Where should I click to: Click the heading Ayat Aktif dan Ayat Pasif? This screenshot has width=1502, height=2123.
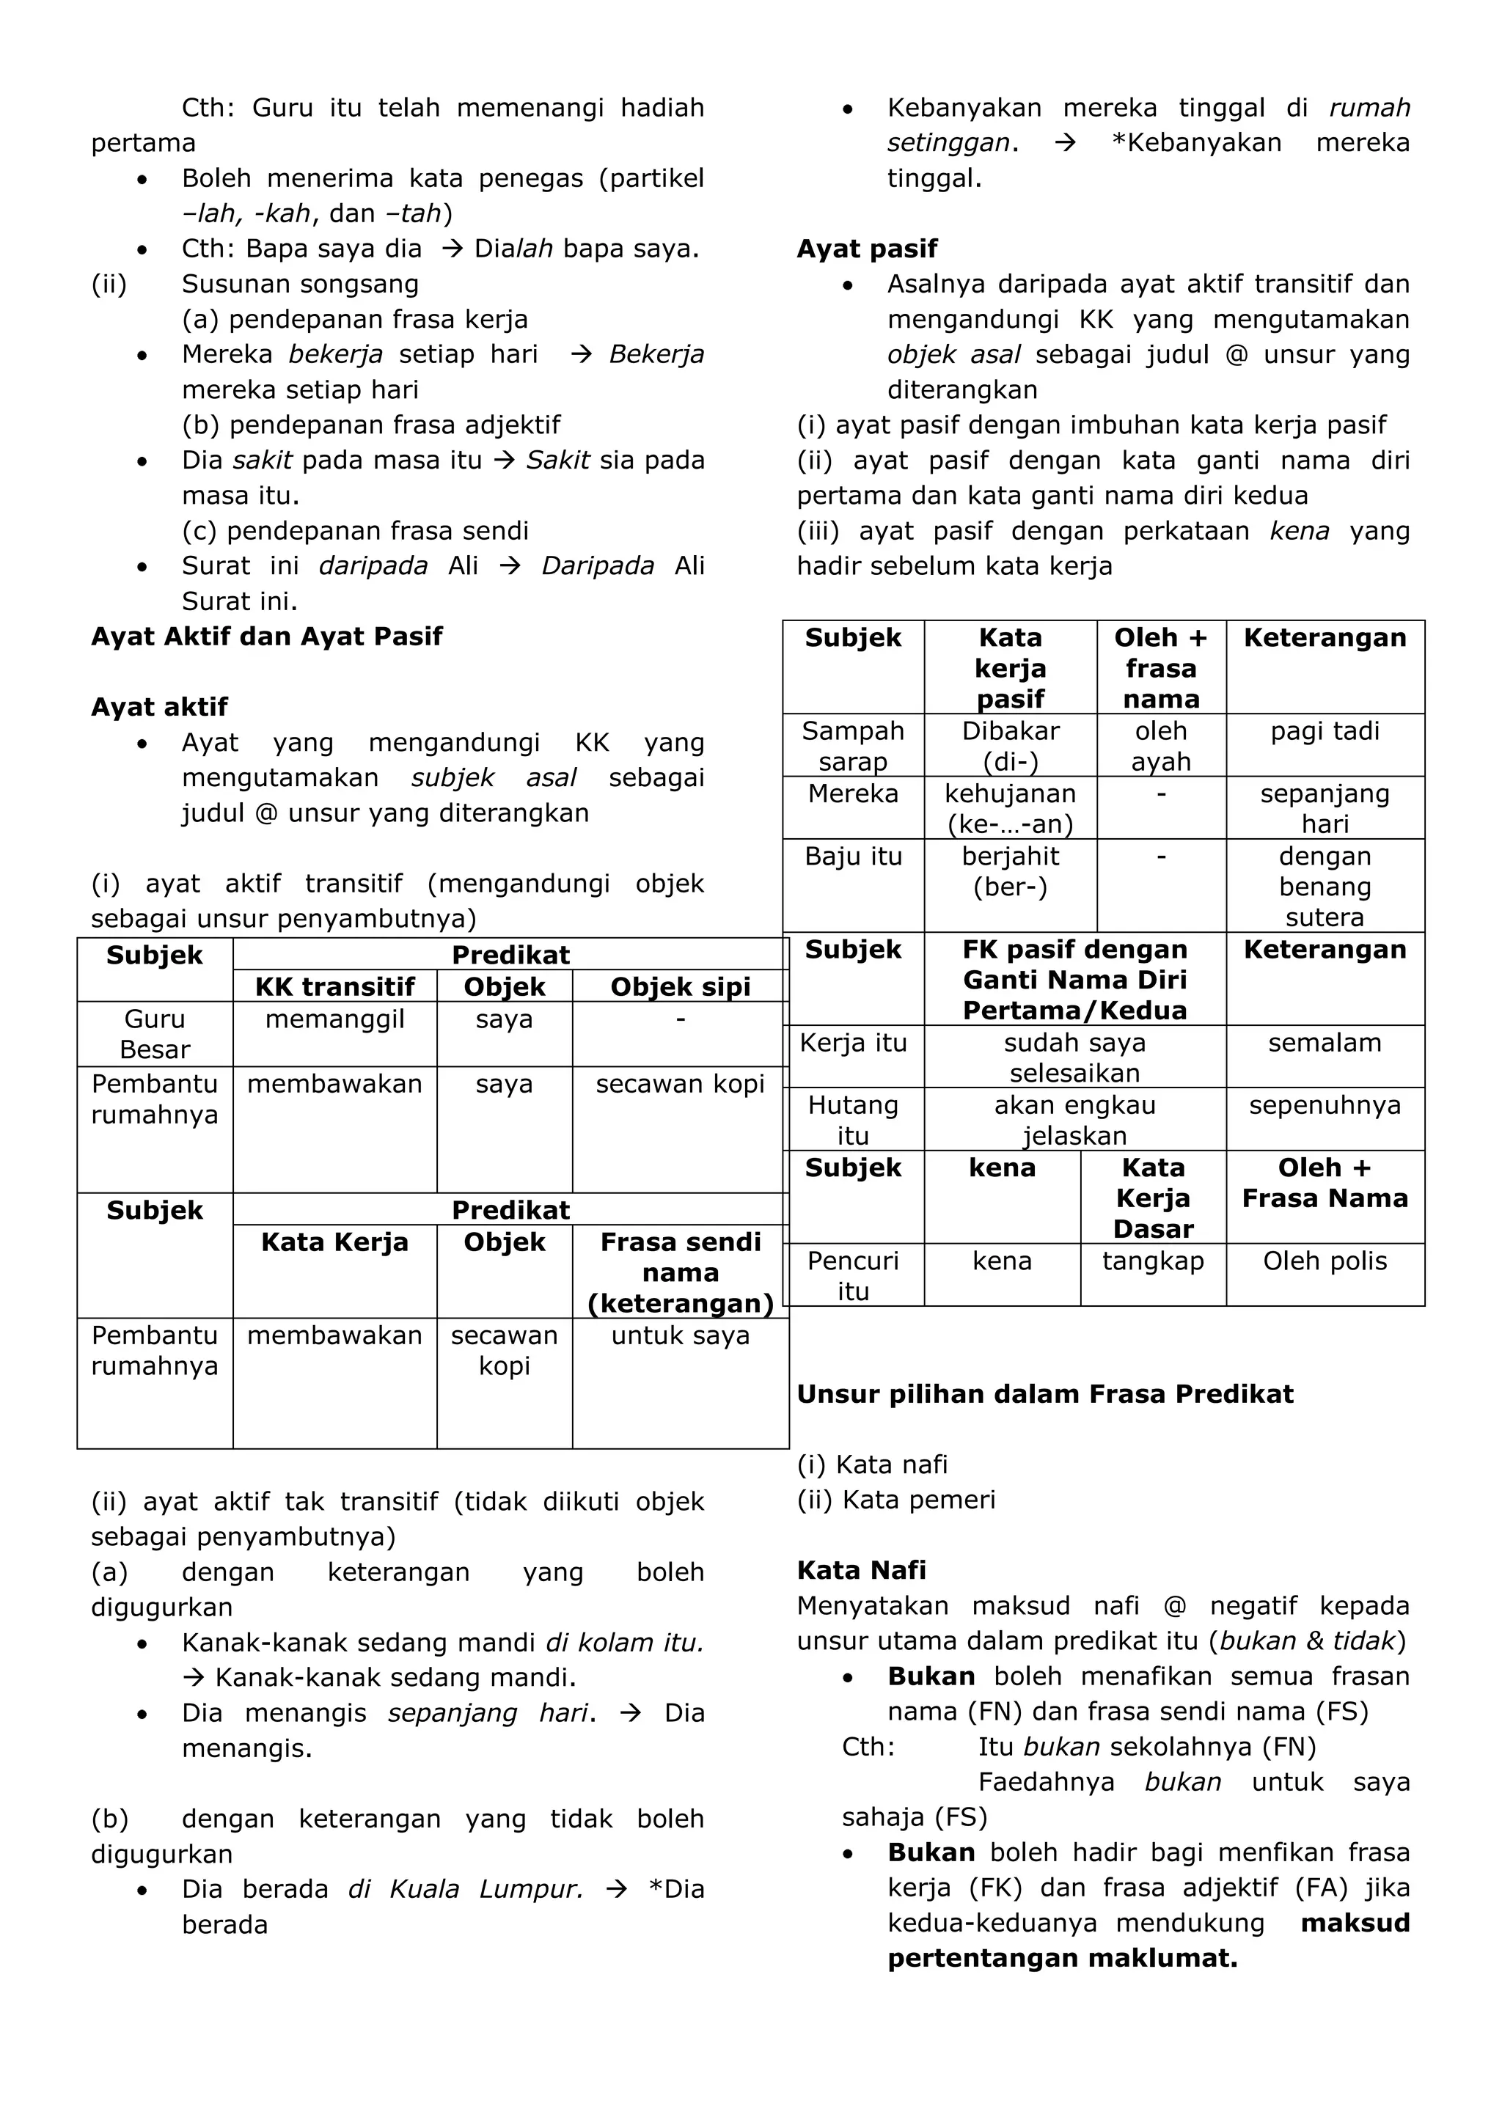pyautogui.click(x=266, y=636)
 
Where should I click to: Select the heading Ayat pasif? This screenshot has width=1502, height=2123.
pyautogui.click(x=867, y=249)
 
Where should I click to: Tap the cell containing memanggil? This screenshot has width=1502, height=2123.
pyautogui.click(x=335, y=1020)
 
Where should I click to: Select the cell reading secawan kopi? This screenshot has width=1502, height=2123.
pyautogui.click(x=680, y=1084)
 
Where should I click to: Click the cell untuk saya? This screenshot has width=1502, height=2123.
pyautogui.click(x=680, y=1335)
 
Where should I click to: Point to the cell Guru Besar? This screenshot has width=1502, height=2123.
pyautogui.click(x=155, y=1034)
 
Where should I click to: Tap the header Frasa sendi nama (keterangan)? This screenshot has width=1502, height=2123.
pyautogui.click(x=680, y=1272)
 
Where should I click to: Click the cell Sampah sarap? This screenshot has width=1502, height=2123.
pyautogui.click(x=853, y=745)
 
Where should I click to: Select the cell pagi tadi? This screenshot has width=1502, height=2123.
pyautogui.click(x=1325, y=731)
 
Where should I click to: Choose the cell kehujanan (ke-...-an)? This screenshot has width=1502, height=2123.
pyautogui.click(x=1010, y=808)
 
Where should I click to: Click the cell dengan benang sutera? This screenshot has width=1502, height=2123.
pyautogui.click(x=1325, y=886)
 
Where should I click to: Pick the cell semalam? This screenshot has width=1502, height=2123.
pyautogui.click(x=1325, y=1043)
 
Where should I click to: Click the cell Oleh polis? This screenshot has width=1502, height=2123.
pyautogui.click(x=1325, y=1261)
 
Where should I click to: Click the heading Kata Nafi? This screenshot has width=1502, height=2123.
pyautogui.click(x=861, y=1570)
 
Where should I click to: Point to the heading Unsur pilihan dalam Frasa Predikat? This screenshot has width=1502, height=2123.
pyautogui.click(x=1044, y=1394)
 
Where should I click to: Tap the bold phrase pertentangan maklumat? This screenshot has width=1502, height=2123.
pyautogui.click(x=1062, y=1959)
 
